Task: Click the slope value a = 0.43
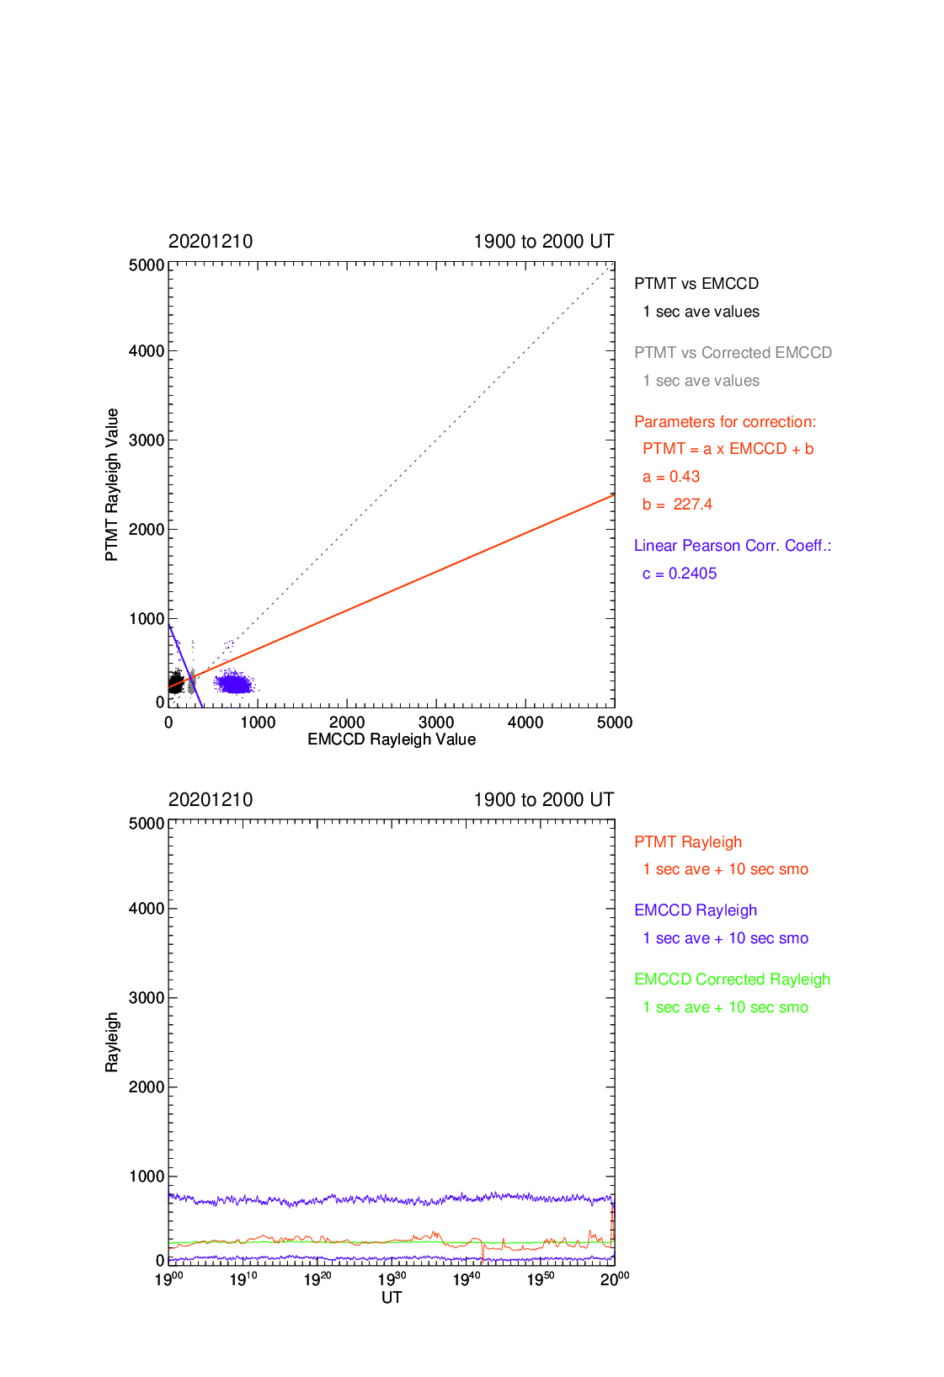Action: point(671,477)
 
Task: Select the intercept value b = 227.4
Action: point(677,504)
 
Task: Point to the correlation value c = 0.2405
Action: point(680,574)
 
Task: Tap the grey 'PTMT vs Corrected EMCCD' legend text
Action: point(733,353)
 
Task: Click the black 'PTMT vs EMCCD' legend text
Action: point(696,284)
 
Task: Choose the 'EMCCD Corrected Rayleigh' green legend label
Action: point(732,979)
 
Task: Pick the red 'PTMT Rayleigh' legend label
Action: point(688,842)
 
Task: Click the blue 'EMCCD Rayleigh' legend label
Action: point(695,910)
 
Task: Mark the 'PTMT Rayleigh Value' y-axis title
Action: point(111,485)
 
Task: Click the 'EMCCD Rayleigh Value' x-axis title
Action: point(392,739)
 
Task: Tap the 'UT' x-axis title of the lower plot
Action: point(392,1298)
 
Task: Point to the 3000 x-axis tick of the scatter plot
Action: point(435,723)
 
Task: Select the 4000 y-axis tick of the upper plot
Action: point(147,351)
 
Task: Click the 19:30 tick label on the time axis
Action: point(392,1280)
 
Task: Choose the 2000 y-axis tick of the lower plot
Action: point(147,1087)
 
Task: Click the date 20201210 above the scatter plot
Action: point(211,242)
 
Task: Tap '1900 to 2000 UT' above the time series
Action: point(543,800)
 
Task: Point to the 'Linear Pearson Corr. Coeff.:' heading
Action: point(733,546)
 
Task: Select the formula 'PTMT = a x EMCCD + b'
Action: point(728,450)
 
